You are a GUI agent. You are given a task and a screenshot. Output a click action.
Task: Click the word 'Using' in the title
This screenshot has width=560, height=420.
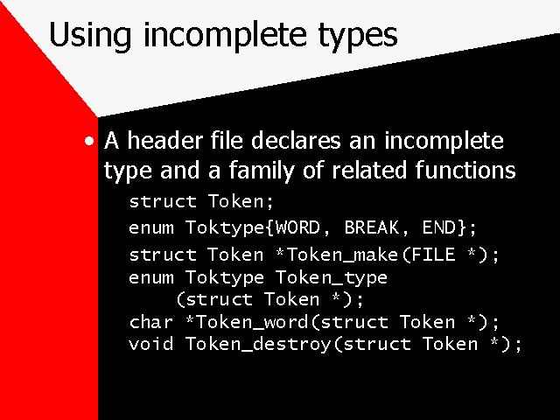coord(90,35)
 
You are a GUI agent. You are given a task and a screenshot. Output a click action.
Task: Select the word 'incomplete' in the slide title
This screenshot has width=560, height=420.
coord(226,35)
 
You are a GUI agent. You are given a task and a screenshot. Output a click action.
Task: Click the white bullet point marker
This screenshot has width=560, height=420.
coord(89,141)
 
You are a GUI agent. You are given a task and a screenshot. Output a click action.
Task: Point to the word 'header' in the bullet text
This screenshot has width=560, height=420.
coord(165,140)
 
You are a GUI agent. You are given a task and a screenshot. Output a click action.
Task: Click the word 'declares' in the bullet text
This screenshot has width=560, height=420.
coord(296,140)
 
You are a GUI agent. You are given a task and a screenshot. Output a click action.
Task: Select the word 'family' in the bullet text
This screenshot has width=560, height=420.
coord(261,171)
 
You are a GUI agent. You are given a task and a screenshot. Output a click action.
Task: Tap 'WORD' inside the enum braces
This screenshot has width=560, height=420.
coord(297,227)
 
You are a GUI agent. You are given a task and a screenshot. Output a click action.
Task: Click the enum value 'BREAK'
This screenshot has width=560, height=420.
coord(371,227)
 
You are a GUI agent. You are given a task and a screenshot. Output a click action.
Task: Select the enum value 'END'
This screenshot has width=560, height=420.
coord(439,227)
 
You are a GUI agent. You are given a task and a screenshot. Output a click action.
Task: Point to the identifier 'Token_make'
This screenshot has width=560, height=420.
coord(342,255)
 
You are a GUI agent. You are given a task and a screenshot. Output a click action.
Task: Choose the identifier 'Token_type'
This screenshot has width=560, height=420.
coord(332,278)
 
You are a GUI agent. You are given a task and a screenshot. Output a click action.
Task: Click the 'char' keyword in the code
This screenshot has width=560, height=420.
coord(151,322)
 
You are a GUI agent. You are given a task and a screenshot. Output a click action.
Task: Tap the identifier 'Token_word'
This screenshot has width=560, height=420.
coord(252,323)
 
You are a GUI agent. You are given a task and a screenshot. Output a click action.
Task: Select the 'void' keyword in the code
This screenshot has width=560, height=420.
coord(151,344)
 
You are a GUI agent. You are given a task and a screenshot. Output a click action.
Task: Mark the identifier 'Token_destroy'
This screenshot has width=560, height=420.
coord(258,345)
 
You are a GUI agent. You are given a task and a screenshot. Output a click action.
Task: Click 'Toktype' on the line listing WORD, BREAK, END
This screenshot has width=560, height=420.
coord(225,228)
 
